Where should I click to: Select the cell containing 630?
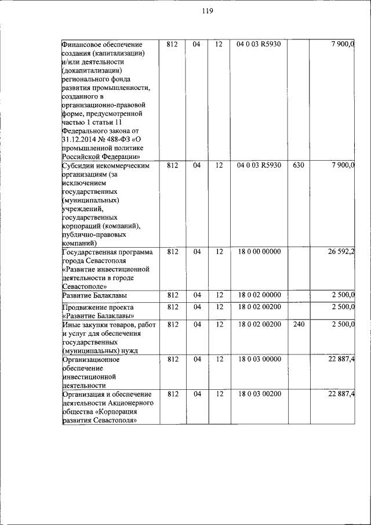(x=299, y=165)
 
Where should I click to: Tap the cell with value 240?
(x=299, y=324)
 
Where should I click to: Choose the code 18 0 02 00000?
(x=259, y=295)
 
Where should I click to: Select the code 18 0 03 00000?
(x=259, y=360)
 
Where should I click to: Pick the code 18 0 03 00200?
(x=259, y=394)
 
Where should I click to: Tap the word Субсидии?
(x=78, y=165)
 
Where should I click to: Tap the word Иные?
(x=72, y=324)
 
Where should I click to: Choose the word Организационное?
(x=90, y=360)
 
